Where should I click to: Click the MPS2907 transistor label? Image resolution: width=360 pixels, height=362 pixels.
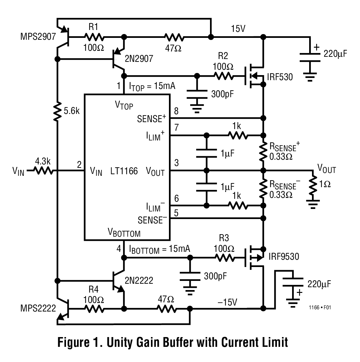tap(38, 36)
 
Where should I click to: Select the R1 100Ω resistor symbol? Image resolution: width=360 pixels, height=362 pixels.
tap(94, 37)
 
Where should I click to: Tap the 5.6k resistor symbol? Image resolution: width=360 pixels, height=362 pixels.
tap(57, 111)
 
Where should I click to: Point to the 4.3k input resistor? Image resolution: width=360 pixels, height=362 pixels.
tap(43, 171)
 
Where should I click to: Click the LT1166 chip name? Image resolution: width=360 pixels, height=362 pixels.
tap(124, 171)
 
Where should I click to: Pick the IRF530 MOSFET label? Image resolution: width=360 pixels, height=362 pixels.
tap(280, 77)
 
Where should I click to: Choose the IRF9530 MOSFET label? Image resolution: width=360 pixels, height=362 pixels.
tap(283, 256)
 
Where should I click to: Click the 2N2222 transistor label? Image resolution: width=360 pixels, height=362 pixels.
tap(139, 280)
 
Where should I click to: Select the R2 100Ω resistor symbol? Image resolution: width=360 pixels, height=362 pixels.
tap(224, 76)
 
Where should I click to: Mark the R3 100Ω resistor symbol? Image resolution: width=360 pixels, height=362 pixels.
tap(224, 258)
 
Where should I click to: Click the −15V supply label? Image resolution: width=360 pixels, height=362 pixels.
tap(227, 302)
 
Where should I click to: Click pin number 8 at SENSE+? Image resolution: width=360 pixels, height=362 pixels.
tap(176, 111)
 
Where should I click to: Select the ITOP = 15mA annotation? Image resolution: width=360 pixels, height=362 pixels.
tap(152, 86)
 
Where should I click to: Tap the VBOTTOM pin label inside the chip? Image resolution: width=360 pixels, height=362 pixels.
tap(124, 233)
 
